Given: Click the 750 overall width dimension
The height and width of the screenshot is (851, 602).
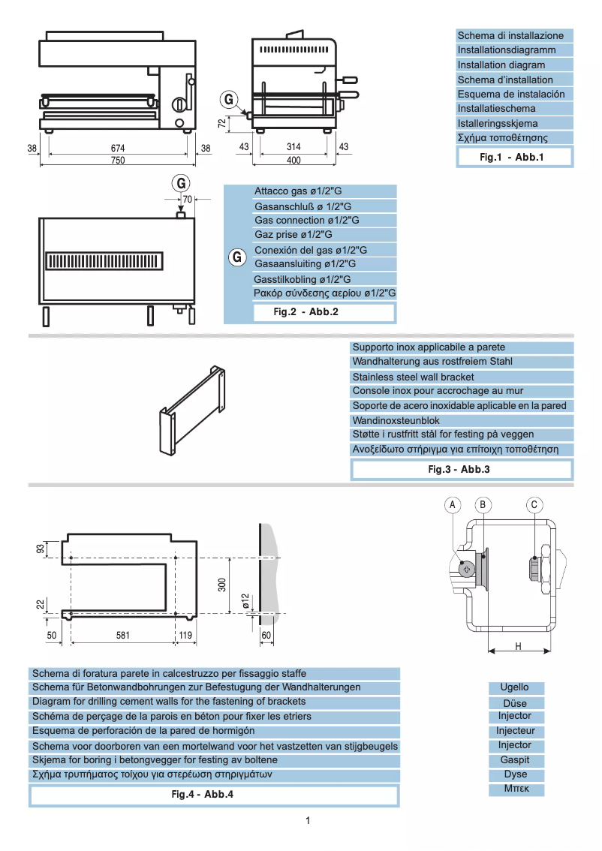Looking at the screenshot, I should pos(118,161).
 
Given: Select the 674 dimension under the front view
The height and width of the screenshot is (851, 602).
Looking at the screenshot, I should pos(118,148).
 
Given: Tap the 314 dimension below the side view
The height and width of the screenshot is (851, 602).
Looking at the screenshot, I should pos(293,148).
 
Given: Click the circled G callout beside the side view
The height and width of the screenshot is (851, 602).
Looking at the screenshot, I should pos(230,99).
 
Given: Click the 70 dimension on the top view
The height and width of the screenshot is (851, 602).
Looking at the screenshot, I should pos(188,200).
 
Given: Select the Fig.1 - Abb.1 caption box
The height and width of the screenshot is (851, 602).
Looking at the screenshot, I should pos(515,157).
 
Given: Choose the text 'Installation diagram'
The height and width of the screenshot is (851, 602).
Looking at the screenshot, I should pos(501,65).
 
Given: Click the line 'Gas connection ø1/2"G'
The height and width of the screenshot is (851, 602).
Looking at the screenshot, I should pos(307,221).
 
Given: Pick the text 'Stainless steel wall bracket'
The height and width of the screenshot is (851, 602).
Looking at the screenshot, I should pos(413,377).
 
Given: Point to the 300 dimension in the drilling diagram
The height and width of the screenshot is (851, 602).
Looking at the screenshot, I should pos(222,584).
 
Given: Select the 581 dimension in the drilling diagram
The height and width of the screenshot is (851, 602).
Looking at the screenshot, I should pos(123,635).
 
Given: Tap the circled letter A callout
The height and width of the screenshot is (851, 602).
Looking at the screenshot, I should pos(453,506).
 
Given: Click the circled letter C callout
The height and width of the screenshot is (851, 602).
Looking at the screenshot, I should pos(534,506).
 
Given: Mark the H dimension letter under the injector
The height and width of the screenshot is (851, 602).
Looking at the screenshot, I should pos(519,646).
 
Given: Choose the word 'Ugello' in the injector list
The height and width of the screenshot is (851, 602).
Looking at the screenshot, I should pos(514,687).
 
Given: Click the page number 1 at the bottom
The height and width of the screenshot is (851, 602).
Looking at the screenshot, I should pos(308,820).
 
